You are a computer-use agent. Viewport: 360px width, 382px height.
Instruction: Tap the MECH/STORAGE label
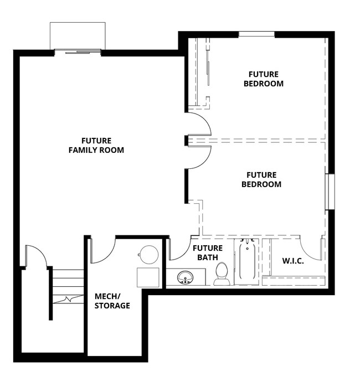click(112, 301)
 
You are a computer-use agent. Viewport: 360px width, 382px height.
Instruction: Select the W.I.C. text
click(293, 261)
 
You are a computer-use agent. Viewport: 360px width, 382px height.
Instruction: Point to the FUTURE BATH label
click(207, 252)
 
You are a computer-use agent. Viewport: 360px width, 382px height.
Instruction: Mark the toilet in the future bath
click(222, 273)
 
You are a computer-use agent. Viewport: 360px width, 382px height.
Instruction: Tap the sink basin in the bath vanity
click(184, 277)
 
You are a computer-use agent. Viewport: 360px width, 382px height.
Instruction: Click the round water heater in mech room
click(148, 254)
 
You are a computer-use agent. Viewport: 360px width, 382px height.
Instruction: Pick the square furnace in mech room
click(148, 277)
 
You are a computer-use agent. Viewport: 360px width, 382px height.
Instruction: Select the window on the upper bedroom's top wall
click(256, 35)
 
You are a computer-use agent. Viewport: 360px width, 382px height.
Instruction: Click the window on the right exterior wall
click(330, 192)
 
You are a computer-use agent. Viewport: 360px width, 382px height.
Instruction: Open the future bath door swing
click(179, 249)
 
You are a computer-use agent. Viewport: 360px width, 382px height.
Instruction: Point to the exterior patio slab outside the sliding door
click(78, 36)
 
